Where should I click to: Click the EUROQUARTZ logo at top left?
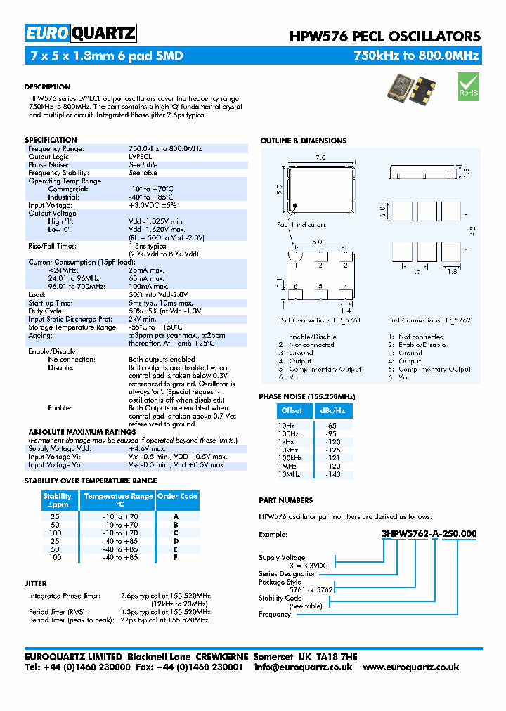(x=80, y=33)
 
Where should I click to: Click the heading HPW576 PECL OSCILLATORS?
(x=385, y=37)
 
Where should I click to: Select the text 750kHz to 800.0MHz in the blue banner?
(x=416, y=56)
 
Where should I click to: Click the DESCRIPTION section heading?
(x=47, y=87)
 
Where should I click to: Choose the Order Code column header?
(x=177, y=496)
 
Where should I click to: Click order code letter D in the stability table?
(x=176, y=541)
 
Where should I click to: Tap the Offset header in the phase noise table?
(x=291, y=410)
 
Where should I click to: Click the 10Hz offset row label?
(x=286, y=426)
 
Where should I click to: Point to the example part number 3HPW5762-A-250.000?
(x=429, y=534)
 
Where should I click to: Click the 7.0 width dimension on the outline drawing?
(x=320, y=158)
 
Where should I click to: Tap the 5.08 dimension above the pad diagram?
(x=319, y=241)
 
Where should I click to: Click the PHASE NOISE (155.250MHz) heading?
(x=306, y=397)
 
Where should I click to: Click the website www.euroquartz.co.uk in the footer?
(x=410, y=667)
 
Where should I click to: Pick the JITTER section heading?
(x=36, y=583)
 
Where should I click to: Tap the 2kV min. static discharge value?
(x=143, y=319)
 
